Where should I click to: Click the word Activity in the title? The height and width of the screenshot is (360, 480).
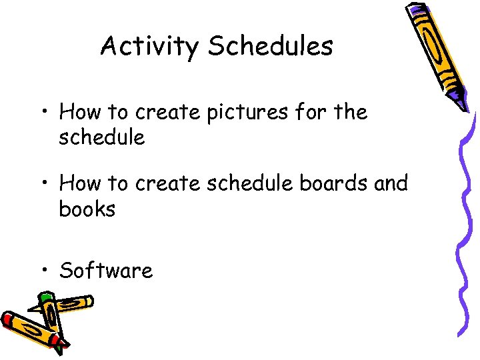click(x=149, y=47)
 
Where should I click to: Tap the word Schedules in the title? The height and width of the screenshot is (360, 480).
click(x=270, y=47)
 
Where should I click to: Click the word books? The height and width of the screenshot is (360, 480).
click(x=87, y=209)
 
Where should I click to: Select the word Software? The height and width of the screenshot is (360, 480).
click(x=106, y=271)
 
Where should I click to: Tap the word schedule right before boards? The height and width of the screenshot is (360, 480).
click(x=249, y=183)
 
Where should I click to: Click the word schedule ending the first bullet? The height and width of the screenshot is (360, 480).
click(x=101, y=137)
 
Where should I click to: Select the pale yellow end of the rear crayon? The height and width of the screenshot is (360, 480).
click(x=87, y=302)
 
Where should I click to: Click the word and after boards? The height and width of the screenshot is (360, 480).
click(x=391, y=183)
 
